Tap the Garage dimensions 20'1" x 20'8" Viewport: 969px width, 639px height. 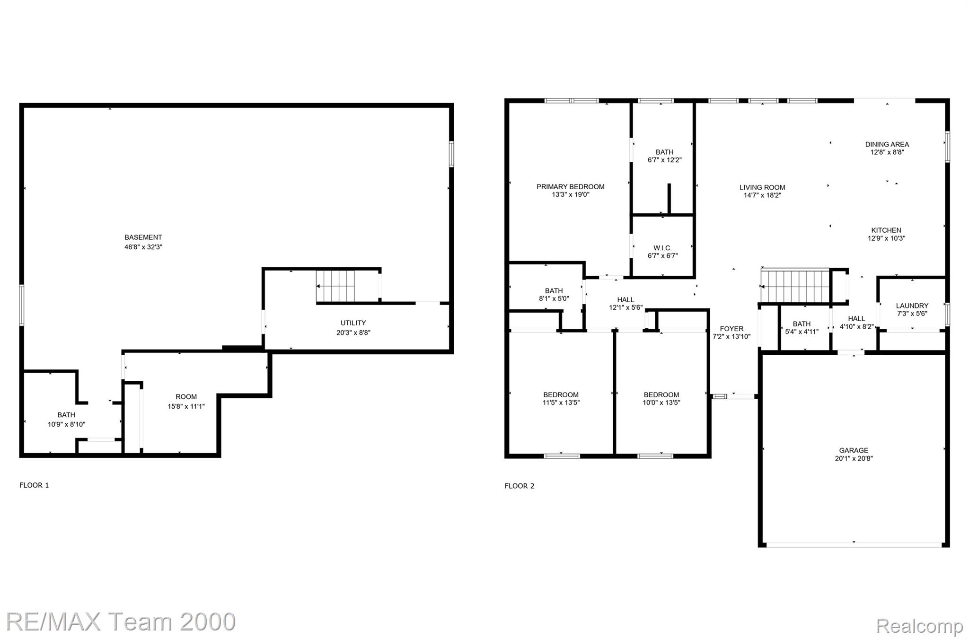[x=854, y=458]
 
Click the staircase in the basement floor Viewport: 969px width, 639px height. [x=335, y=286]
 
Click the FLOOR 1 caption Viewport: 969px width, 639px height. [x=34, y=485]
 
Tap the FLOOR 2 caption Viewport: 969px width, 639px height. [x=520, y=486]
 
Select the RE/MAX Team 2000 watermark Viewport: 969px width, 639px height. [x=121, y=621]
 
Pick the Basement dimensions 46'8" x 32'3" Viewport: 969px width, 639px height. [x=143, y=247]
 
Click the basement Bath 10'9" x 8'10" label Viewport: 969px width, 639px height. [x=66, y=420]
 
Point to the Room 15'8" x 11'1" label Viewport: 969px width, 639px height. [x=186, y=402]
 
